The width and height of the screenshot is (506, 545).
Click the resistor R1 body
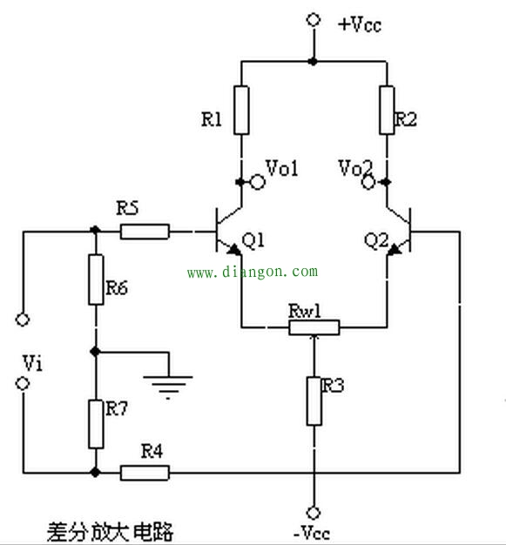(241, 110)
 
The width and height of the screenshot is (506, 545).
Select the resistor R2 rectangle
(387, 110)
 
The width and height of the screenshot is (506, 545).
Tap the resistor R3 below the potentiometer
(314, 400)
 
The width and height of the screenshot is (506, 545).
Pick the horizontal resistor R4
(145, 473)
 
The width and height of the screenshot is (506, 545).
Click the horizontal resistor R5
(145, 232)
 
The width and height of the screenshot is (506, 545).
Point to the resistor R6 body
(96, 279)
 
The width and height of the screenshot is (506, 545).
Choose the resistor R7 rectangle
(96, 424)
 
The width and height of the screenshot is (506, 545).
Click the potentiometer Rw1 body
(314, 327)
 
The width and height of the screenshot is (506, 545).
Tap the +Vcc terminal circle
(314, 20)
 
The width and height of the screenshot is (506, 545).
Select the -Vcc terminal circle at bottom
(314, 513)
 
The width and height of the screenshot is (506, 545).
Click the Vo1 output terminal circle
(258, 182)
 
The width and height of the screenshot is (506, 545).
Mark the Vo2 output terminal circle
(368, 182)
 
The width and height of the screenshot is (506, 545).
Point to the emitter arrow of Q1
(234, 249)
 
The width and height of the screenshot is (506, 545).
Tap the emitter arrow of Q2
(394, 249)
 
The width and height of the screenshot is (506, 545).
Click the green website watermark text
(253, 272)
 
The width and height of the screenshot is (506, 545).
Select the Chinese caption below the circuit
(110, 532)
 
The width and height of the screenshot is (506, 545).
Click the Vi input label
(33, 363)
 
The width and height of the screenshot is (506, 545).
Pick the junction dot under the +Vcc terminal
(314, 62)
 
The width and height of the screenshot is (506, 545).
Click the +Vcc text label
(360, 24)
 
